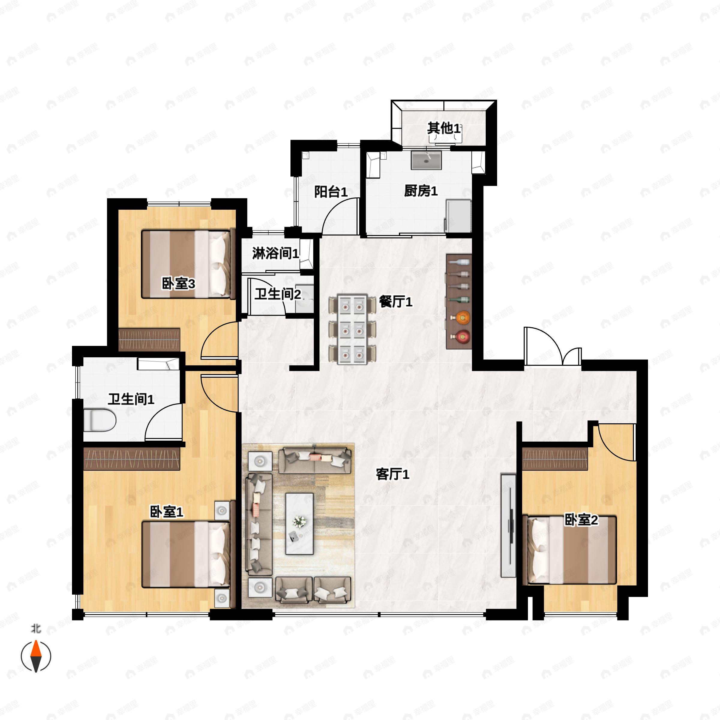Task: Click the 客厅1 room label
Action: (392, 474)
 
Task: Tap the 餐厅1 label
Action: (395, 301)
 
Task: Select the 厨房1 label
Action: (421, 191)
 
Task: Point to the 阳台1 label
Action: (331, 192)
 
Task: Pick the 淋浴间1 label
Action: (275, 254)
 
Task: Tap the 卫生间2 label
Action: (277, 294)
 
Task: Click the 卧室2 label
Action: (581, 520)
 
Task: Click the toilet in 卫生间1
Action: (100, 420)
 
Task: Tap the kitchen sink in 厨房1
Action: (426, 160)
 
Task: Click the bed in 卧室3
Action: (188, 264)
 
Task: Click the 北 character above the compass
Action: (36, 629)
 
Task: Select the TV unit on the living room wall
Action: (508, 526)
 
